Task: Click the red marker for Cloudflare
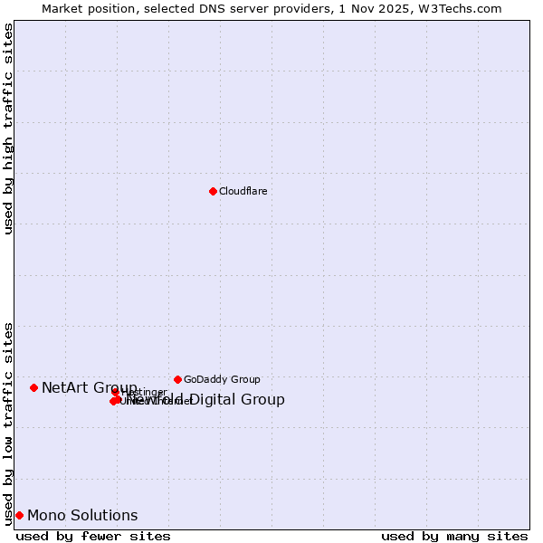[213, 191]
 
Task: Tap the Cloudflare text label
[243, 191]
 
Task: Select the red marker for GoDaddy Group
[177, 379]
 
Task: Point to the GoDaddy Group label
[222, 379]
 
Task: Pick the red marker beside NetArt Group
[33, 387]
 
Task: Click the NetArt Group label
[89, 387]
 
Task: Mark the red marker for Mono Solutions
[19, 515]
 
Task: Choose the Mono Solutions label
[82, 516]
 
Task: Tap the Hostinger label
[144, 392]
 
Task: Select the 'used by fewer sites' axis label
[93, 536]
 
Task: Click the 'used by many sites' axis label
[454, 536]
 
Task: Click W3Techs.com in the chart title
[467, 8]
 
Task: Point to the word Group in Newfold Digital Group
[264, 400]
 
